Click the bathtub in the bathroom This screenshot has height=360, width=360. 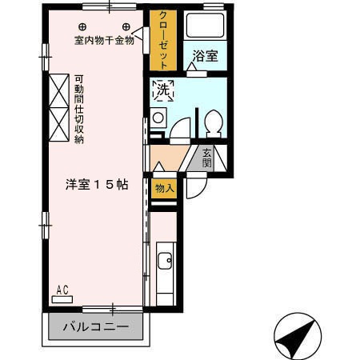tap(205, 26)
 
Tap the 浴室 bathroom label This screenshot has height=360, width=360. tap(205, 56)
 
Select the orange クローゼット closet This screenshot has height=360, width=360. tap(163, 40)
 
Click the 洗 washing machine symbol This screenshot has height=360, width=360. tap(163, 90)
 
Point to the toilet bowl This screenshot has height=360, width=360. tap(214, 122)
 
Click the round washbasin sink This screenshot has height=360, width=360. tap(158, 118)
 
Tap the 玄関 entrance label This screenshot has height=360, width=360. tap(206, 158)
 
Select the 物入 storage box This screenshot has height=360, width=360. tap(164, 189)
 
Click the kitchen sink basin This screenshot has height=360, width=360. tap(165, 260)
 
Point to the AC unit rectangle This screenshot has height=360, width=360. tap(62, 299)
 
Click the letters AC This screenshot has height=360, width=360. tap(62, 290)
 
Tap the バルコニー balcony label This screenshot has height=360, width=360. tap(96, 326)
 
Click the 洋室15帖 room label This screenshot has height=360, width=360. tap(97, 185)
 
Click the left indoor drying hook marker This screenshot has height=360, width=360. tap(82, 26)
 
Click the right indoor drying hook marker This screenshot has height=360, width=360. tap(126, 26)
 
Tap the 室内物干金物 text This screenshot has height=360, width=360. tap(104, 41)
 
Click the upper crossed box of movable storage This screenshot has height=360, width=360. tap(59, 90)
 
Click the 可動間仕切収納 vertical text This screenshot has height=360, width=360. tap(79, 110)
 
